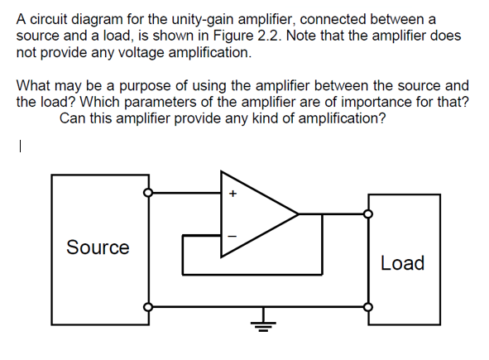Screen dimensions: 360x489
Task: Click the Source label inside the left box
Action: coord(98,247)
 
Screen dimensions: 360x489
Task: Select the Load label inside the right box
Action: coord(403,263)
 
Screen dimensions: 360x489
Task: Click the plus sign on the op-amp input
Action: coord(233,195)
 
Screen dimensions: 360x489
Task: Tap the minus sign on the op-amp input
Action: coord(233,237)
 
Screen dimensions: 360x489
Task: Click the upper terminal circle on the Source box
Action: coord(147,194)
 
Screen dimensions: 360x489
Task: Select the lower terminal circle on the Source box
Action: coord(147,305)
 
